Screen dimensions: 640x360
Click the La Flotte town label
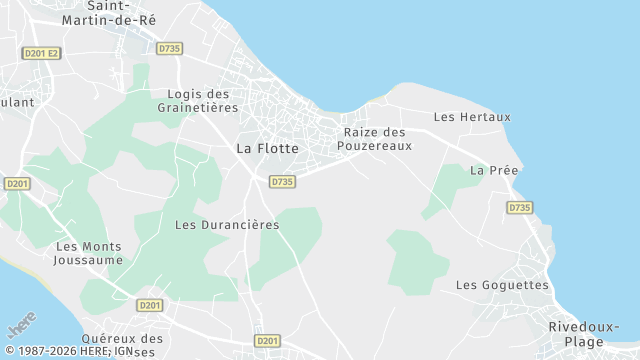point(267,148)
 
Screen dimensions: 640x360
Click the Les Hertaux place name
point(472,117)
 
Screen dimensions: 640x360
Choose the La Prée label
point(494,170)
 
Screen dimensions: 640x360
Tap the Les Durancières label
point(227,225)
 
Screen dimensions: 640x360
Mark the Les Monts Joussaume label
point(89,253)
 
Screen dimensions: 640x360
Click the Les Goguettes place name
point(502,285)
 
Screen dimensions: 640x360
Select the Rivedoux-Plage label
point(584,334)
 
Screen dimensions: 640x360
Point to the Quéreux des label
point(122,339)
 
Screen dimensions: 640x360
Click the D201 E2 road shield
point(41,53)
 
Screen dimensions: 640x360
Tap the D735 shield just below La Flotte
point(282,181)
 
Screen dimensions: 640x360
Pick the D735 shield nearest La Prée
point(519,208)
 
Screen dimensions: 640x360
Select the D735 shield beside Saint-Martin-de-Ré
point(169,47)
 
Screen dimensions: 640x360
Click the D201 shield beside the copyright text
point(267,341)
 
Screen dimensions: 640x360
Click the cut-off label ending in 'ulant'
point(16,102)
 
